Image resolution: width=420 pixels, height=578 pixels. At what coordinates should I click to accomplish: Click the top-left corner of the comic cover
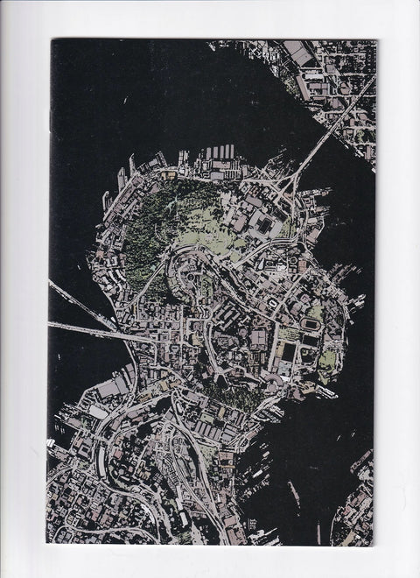(51, 39)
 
